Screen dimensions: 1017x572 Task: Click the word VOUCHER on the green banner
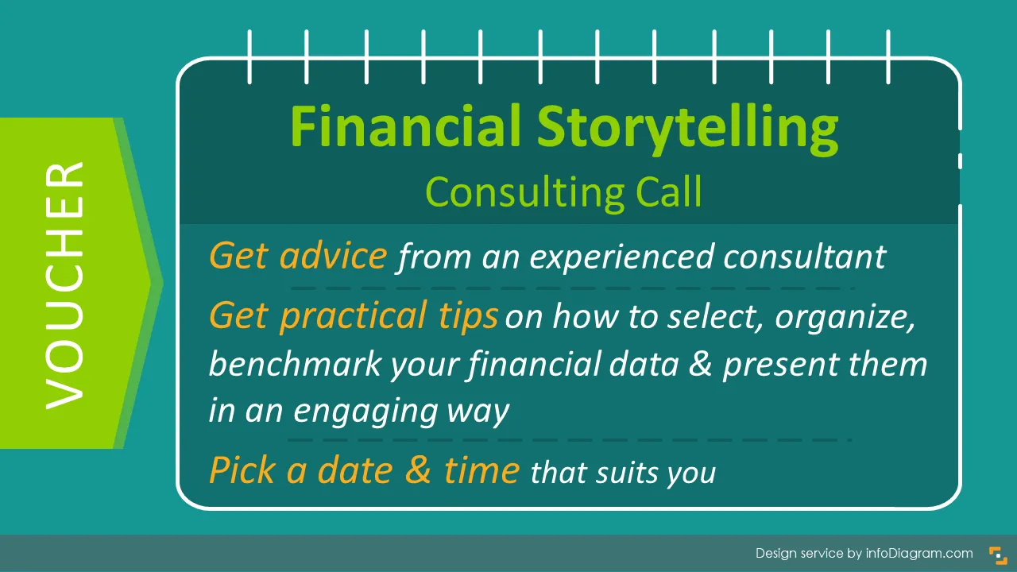(64, 285)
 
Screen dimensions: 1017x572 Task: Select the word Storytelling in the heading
(688, 130)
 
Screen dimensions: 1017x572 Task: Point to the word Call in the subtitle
(669, 191)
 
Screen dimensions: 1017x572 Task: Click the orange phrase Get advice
(298, 256)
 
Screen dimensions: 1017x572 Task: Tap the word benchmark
(295, 363)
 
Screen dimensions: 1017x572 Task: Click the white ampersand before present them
(700, 364)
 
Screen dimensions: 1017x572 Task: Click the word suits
(626, 473)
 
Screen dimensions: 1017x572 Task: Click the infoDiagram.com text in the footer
(919, 554)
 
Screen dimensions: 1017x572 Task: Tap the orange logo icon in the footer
(998, 555)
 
